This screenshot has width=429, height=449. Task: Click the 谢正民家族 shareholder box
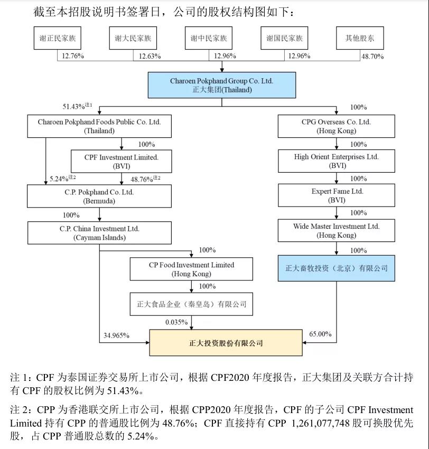(57, 39)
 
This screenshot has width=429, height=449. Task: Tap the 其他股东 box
(360, 39)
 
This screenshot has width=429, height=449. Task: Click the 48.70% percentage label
(372, 57)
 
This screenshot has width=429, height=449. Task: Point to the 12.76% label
(73, 57)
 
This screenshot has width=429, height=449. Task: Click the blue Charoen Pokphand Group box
(221, 86)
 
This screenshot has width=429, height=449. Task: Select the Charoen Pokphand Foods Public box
(99, 126)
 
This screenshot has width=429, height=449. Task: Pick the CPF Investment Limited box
(122, 161)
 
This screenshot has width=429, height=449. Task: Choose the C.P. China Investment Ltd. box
(99, 233)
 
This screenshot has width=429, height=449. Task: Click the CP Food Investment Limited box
(191, 269)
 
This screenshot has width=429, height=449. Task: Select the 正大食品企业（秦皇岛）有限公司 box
(191, 304)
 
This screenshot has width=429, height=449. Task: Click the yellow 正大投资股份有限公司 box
(226, 343)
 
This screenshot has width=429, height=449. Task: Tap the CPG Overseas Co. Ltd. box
(337, 126)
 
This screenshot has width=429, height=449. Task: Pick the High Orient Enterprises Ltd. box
(337, 161)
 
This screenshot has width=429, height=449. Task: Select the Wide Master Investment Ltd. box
(337, 231)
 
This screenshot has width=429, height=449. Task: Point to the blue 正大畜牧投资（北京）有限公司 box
(337, 268)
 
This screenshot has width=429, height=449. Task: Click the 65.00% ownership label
(320, 334)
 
